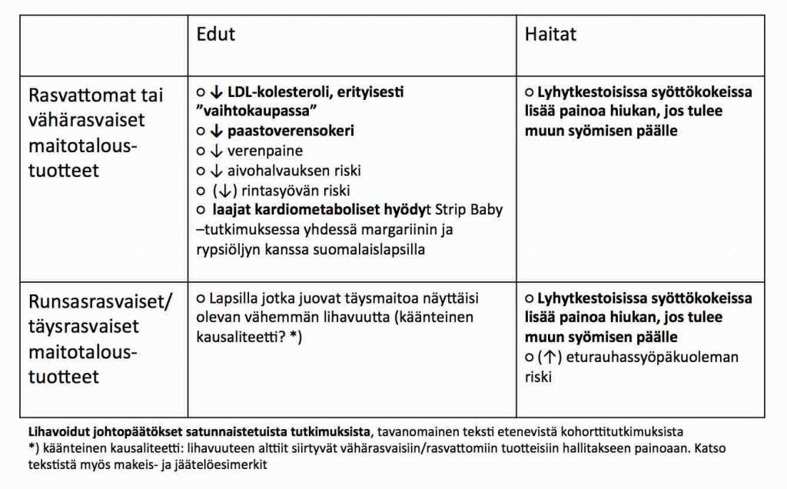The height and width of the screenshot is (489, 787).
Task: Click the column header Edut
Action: [x=215, y=35]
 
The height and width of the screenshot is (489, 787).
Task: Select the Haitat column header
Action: [x=550, y=35]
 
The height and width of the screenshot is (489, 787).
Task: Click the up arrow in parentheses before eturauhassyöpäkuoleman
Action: [x=549, y=358]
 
